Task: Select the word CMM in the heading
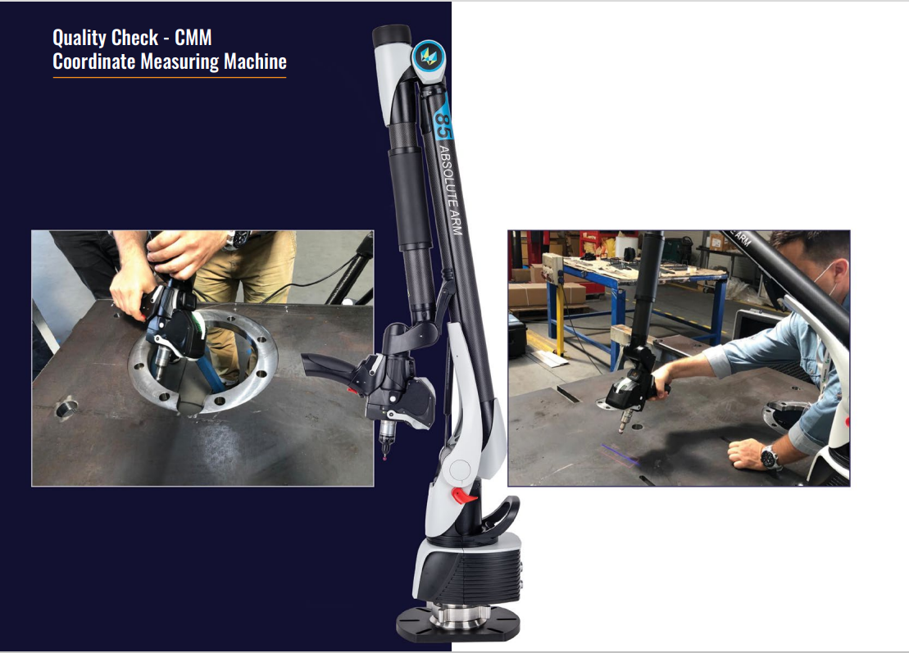pyautogui.click(x=193, y=38)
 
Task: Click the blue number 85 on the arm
pyautogui.click(x=443, y=125)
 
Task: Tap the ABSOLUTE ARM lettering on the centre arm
pyautogui.click(x=451, y=190)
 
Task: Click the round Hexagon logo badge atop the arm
pyautogui.click(x=429, y=57)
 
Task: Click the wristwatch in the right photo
pyautogui.click(x=770, y=457)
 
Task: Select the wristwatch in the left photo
pyautogui.click(x=237, y=238)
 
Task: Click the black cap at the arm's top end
pyautogui.click(x=391, y=36)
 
